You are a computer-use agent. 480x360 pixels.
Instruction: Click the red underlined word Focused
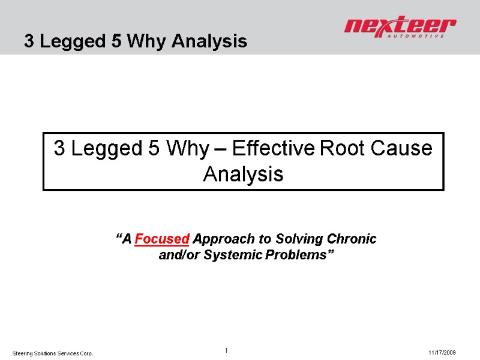click(x=163, y=239)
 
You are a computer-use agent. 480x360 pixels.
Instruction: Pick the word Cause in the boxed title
click(x=404, y=148)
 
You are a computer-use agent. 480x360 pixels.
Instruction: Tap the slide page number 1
click(x=227, y=350)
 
